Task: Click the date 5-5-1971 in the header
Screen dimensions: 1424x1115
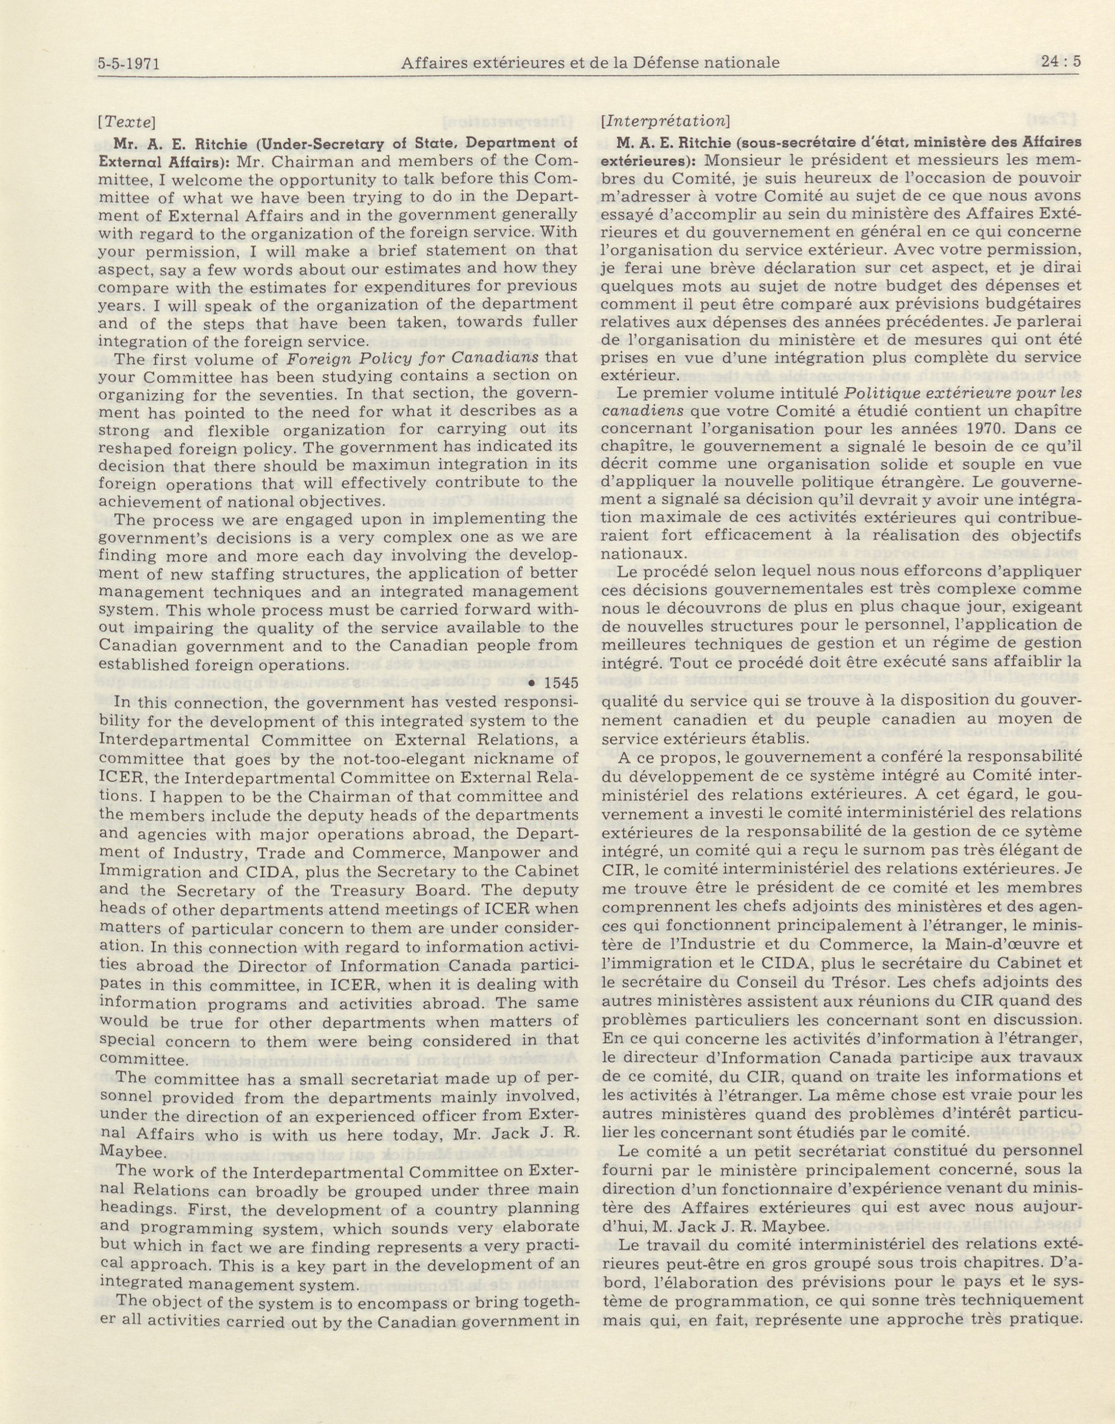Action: [x=129, y=64]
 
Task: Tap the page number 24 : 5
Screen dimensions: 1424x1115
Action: [x=1058, y=62]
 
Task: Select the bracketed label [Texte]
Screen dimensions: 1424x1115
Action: [x=127, y=122]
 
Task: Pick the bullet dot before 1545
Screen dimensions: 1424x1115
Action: [x=532, y=684]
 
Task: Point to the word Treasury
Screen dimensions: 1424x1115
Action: [x=363, y=890]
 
